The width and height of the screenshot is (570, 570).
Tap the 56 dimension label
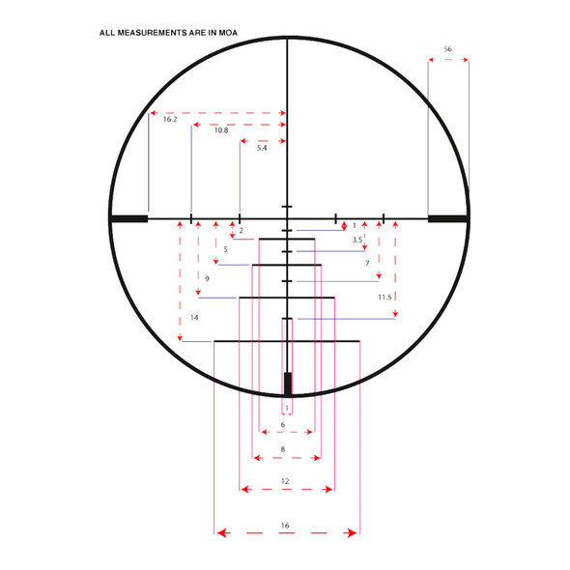(447, 48)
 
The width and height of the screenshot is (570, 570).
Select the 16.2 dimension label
(169, 120)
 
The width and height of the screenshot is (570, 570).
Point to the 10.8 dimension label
(221, 130)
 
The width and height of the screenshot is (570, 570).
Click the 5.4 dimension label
(262, 148)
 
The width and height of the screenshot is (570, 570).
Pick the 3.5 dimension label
(356, 240)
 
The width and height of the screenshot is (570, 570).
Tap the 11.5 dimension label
(385, 298)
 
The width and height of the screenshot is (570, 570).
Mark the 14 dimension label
(194, 317)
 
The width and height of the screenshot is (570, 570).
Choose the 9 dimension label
(207, 279)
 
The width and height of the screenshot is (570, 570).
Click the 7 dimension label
(367, 263)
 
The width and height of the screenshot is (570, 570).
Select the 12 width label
(285, 480)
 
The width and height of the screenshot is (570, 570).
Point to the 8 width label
(282, 449)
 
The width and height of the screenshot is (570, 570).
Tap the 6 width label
(282, 424)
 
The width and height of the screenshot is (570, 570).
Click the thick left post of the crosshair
(128, 219)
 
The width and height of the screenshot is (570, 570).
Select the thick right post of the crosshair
(447, 219)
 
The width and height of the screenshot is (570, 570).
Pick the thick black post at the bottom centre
(287, 383)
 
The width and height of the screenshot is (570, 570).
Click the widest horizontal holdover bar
(286, 341)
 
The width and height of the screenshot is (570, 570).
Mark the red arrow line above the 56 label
(448, 60)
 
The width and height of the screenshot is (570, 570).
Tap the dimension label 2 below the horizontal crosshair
(241, 231)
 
